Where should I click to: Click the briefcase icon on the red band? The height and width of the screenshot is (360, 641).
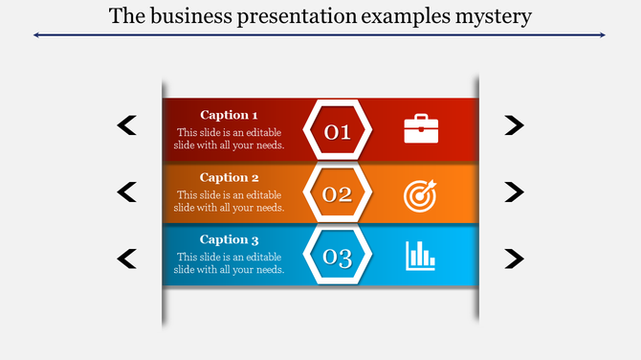coord(421,128)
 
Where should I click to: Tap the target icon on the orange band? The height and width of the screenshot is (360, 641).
coord(420,194)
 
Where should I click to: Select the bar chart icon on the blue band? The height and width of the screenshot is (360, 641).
coord(420,255)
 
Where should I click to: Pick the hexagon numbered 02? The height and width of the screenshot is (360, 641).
coord(337,194)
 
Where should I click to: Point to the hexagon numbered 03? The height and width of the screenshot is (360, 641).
coord(337,257)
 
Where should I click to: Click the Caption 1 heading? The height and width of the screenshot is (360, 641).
coord(229,115)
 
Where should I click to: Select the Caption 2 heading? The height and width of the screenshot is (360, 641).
coord(229,177)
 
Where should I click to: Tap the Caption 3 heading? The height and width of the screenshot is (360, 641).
coord(229,239)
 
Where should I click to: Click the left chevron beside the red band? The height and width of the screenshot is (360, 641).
coord(126,124)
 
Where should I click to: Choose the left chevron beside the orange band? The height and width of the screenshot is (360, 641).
coord(126,191)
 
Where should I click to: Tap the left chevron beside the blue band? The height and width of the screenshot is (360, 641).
coord(126,258)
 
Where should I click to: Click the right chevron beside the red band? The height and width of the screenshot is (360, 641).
coord(515,124)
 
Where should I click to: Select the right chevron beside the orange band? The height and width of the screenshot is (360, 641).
coord(515,191)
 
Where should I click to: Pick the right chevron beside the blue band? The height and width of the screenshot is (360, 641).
coord(515,258)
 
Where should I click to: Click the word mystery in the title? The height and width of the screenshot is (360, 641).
coord(492,16)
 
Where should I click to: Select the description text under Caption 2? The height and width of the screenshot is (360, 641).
coord(229,201)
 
